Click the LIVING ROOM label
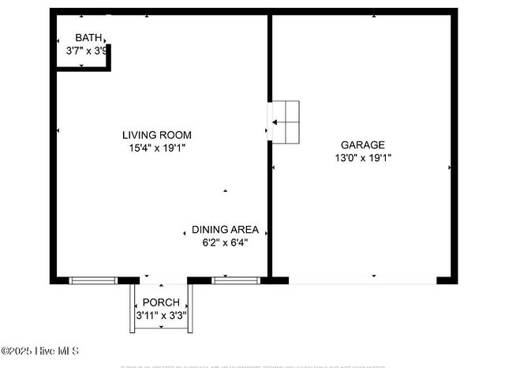(156, 135)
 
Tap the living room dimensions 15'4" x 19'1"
(157, 147)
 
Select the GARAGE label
(362, 145)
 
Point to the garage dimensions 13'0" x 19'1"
(362, 157)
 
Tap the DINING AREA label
(225, 230)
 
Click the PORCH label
(160, 303)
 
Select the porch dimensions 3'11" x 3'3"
(160, 315)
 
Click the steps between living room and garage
(286, 122)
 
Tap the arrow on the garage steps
(276, 122)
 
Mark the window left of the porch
(93, 280)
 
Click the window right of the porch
(235, 280)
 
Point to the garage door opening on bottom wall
(362, 280)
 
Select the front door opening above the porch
(163, 280)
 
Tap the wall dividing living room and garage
(269, 197)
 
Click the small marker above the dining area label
(225, 191)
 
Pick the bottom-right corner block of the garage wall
(447, 280)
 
